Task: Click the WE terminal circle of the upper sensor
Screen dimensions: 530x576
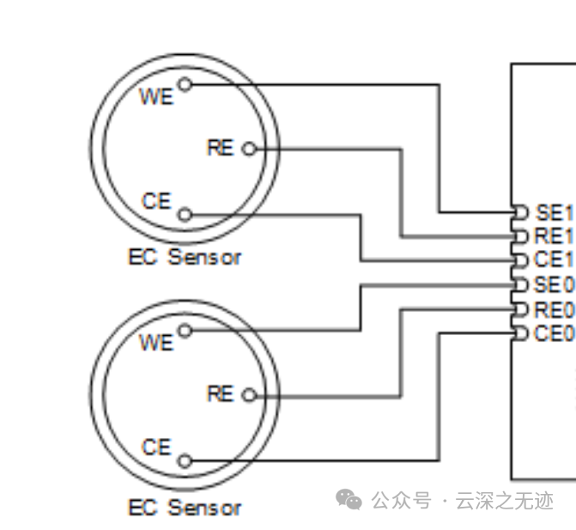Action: tap(185, 84)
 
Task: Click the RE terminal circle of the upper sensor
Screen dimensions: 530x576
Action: tap(249, 149)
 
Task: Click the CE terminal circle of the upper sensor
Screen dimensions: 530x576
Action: tap(185, 215)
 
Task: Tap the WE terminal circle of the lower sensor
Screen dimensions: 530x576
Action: tap(185, 331)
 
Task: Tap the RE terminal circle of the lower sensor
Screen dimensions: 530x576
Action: tap(249, 395)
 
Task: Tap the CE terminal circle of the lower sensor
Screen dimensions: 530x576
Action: tap(185, 461)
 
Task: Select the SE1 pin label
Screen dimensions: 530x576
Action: tap(554, 211)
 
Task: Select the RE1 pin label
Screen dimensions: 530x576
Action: tap(554, 235)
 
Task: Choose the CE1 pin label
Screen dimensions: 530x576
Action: tap(554, 259)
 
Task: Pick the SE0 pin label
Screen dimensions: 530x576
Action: tap(554, 284)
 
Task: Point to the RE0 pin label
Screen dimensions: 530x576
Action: tap(554, 308)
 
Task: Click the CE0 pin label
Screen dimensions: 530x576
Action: tap(554, 332)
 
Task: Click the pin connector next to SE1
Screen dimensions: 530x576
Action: tap(519, 211)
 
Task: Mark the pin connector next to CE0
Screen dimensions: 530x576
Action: tap(519, 332)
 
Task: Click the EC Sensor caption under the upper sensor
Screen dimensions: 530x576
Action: tap(185, 257)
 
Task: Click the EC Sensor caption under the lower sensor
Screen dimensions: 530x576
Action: tap(185, 508)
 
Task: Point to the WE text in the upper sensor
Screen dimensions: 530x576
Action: tap(156, 96)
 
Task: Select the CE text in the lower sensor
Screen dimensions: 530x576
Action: tap(156, 448)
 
